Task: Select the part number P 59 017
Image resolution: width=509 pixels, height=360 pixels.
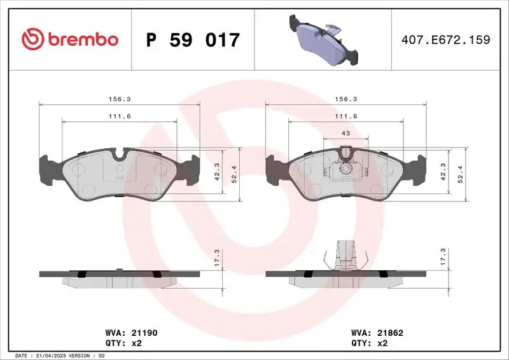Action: [193, 40]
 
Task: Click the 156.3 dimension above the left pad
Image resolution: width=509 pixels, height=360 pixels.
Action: [120, 99]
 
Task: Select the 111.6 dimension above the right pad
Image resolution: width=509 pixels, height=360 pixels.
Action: [345, 116]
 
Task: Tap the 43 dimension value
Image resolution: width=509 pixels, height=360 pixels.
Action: [346, 132]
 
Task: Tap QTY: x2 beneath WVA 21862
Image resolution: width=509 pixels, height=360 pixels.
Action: [371, 343]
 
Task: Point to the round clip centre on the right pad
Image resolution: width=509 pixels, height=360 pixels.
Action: [346, 169]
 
